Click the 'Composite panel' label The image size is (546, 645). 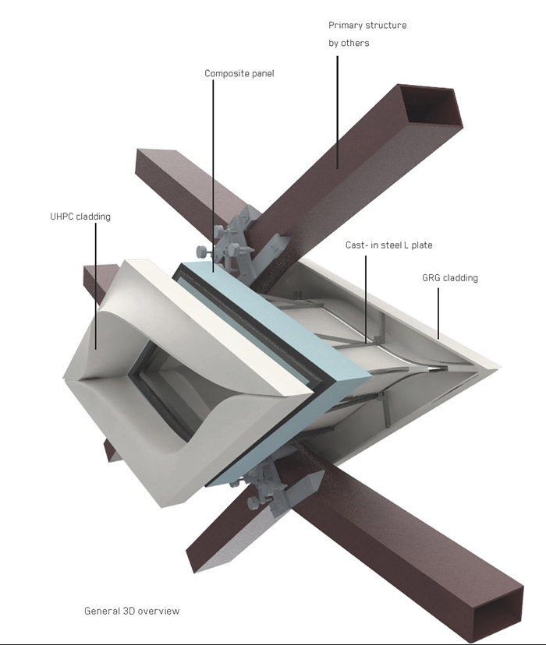(x=239, y=74)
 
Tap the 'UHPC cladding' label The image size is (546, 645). (x=80, y=217)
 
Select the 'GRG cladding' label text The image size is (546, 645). (x=450, y=278)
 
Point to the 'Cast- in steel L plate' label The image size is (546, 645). (x=388, y=245)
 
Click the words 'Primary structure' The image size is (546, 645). (x=367, y=26)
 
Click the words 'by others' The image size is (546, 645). (x=349, y=43)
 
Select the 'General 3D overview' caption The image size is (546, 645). (x=132, y=611)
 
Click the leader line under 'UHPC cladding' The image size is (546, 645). (x=96, y=287)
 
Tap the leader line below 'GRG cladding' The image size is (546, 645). (x=438, y=313)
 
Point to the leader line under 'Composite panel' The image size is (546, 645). (x=213, y=175)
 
